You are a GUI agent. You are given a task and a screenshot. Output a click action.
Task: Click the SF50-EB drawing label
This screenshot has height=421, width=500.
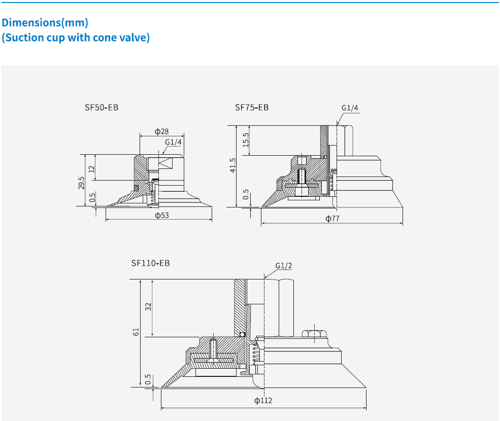pos(102,108)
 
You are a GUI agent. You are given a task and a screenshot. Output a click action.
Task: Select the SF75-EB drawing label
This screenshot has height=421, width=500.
pos(252,108)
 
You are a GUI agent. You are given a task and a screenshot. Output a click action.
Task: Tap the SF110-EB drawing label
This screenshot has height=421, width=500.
pos(150,263)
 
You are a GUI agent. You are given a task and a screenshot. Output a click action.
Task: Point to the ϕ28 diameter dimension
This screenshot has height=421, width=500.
pos(162,131)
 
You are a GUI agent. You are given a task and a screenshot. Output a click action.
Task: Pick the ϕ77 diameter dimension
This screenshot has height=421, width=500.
pos(332,219)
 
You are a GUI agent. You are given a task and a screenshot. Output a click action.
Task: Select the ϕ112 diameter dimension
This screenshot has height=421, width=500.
pos(263,401)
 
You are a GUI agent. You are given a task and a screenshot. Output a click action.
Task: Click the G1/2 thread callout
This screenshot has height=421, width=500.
pos(284,266)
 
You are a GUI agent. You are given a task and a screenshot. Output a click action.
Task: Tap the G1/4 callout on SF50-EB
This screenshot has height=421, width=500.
pos(173,142)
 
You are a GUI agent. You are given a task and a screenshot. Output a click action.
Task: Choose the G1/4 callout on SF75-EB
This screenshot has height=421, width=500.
pos(350,108)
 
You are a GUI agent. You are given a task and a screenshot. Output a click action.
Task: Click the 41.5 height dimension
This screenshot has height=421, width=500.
pos(233,166)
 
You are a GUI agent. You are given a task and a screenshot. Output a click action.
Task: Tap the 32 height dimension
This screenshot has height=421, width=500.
pos(148,307)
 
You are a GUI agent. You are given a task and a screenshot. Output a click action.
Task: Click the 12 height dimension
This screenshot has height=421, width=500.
pos(92,168)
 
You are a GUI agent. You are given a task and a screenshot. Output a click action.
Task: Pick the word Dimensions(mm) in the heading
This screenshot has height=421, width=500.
pos(45,23)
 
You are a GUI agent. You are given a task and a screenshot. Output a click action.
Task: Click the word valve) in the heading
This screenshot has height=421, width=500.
pos(135,38)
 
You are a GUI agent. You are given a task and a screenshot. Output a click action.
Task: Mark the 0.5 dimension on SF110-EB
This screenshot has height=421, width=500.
pos(148,379)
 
